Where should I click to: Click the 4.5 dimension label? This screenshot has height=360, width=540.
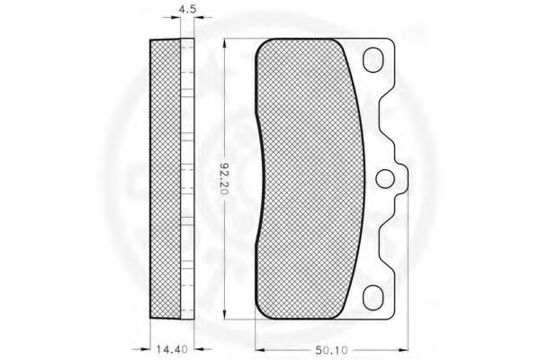tap(187, 8)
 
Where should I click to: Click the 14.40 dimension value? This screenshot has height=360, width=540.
tap(172, 349)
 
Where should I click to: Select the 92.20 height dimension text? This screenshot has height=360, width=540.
tap(224, 177)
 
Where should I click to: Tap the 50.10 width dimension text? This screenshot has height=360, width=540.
tap(331, 350)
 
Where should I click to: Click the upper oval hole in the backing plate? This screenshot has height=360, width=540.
tap(373, 60)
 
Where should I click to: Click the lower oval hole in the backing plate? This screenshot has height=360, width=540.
tap(373, 298)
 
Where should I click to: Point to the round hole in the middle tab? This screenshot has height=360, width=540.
tap(385, 179)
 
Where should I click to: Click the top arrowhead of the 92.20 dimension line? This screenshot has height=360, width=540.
tap(224, 44)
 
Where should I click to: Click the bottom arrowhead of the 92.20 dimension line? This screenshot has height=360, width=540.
tap(224, 314)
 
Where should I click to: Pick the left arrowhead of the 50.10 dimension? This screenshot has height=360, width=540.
tap(260, 350)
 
